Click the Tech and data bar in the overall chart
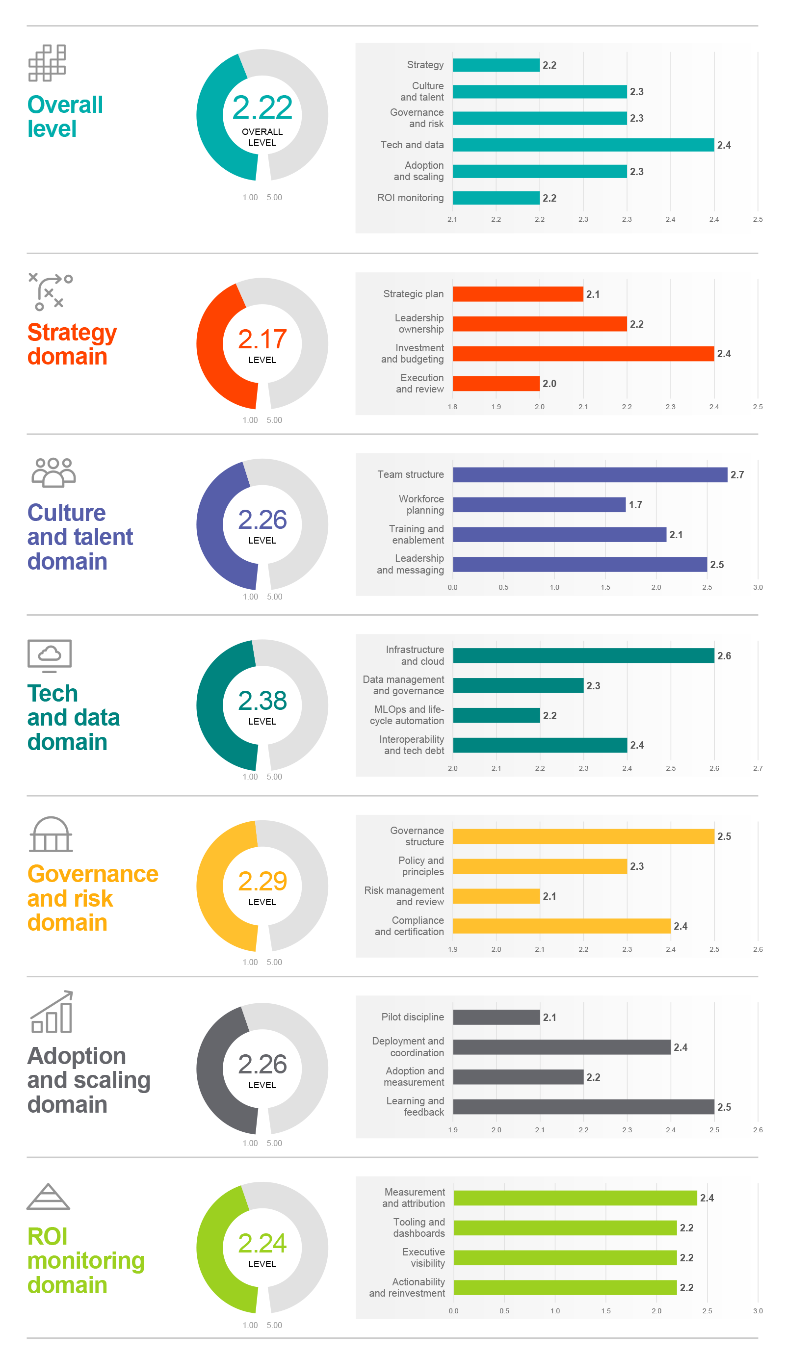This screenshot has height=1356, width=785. pos(583,145)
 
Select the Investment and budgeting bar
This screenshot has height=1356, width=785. pos(583,354)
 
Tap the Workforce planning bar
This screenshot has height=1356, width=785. pos(539,505)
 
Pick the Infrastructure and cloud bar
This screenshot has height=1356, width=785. pos(583,655)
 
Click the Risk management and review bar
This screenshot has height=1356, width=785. pos(496,896)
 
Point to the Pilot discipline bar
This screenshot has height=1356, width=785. pos(496,1017)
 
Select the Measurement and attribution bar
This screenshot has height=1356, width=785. pos(575,1198)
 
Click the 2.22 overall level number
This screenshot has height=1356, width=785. pos(262,107)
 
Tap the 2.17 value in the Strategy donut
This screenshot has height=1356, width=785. pos(262,339)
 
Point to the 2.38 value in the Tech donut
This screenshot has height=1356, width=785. pos(262,701)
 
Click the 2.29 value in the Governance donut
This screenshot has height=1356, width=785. pos(262,882)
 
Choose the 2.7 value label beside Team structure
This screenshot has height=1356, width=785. pos(736,474)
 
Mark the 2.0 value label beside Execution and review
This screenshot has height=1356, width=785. pos(549,384)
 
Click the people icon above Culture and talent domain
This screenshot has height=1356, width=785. pos(53,472)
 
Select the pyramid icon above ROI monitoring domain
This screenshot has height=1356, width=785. pos(49,1197)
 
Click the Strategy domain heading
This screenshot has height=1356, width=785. pos(72,344)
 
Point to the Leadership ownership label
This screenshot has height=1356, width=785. pos(419,323)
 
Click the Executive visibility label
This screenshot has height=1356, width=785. pos(423,1257)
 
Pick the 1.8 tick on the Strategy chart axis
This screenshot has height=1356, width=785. pos(452,407)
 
